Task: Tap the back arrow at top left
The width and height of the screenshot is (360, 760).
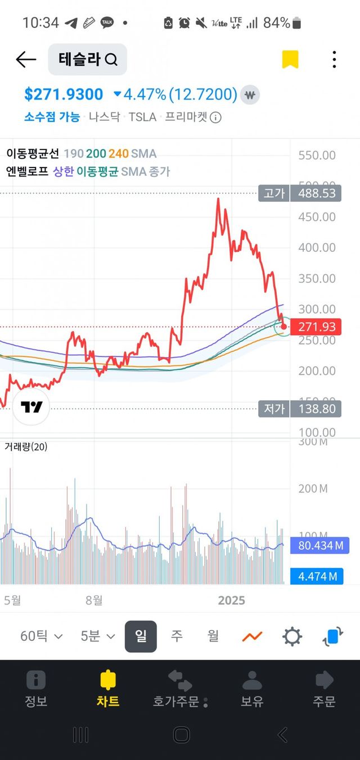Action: click(x=26, y=59)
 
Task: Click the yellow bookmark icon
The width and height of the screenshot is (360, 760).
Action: click(x=290, y=59)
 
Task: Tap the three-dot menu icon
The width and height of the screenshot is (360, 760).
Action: click(x=334, y=59)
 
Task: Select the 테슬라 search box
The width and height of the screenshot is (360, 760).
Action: click(x=87, y=59)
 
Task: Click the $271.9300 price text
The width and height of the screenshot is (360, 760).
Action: click(x=64, y=94)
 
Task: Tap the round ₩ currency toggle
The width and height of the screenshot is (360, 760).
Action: click(x=250, y=94)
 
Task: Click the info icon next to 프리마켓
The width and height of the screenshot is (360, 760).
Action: click(x=215, y=117)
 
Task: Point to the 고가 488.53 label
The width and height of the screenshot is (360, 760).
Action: click(x=301, y=193)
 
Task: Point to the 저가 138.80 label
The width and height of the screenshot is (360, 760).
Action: click(x=301, y=409)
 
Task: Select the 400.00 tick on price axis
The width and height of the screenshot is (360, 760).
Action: click(x=317, y=247)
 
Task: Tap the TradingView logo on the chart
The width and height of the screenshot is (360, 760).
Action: click(x=31, y=408)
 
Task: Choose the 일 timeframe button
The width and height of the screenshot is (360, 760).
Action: click(x=141, y=636)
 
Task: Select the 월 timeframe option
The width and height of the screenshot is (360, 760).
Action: click(x=213, y=636)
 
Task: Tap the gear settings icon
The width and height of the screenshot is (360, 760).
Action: click(x=292, y=637)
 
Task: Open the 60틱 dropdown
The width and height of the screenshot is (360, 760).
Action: click(x=42, y=636)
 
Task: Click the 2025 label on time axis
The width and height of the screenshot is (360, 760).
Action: click(x=232, y=600)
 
